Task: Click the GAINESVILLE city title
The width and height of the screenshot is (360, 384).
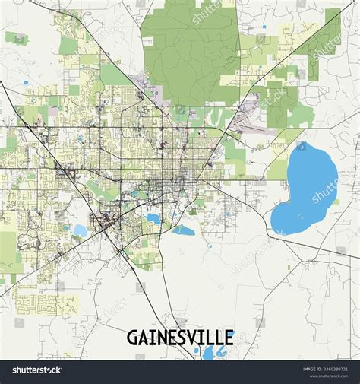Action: click(181, 337)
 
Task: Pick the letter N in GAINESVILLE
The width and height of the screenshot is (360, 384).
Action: click(166, 337)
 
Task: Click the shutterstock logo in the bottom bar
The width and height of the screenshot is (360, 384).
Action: click(36, 370)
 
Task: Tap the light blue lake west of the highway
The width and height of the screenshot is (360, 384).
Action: click(80, 230)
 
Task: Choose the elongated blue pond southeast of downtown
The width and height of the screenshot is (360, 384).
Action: click(183, 229)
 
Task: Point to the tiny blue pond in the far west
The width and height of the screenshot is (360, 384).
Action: click(26, 82)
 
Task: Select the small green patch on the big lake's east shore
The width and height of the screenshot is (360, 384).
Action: click(335, 202)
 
